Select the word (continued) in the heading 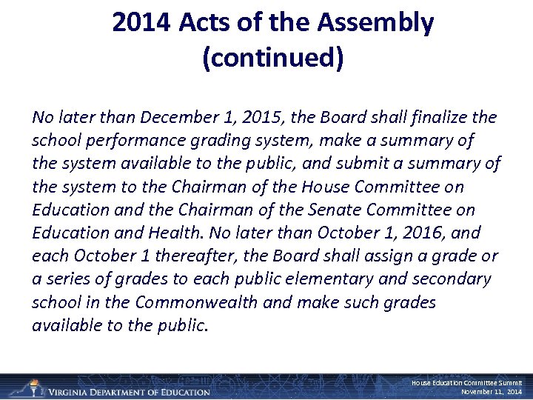coord(272,59)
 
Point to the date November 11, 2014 coord(492,392)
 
